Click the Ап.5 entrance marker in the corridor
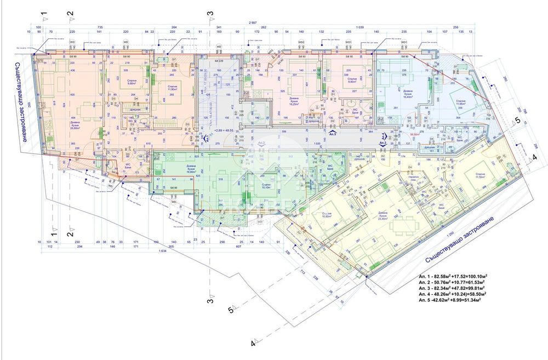tap(332, 132)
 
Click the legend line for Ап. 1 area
tap(453, 276)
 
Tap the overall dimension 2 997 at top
tap(252, 22)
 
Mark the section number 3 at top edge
tap(209, 13)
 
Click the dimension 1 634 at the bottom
tap(162, 252)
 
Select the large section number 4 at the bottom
tap(253, 344)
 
